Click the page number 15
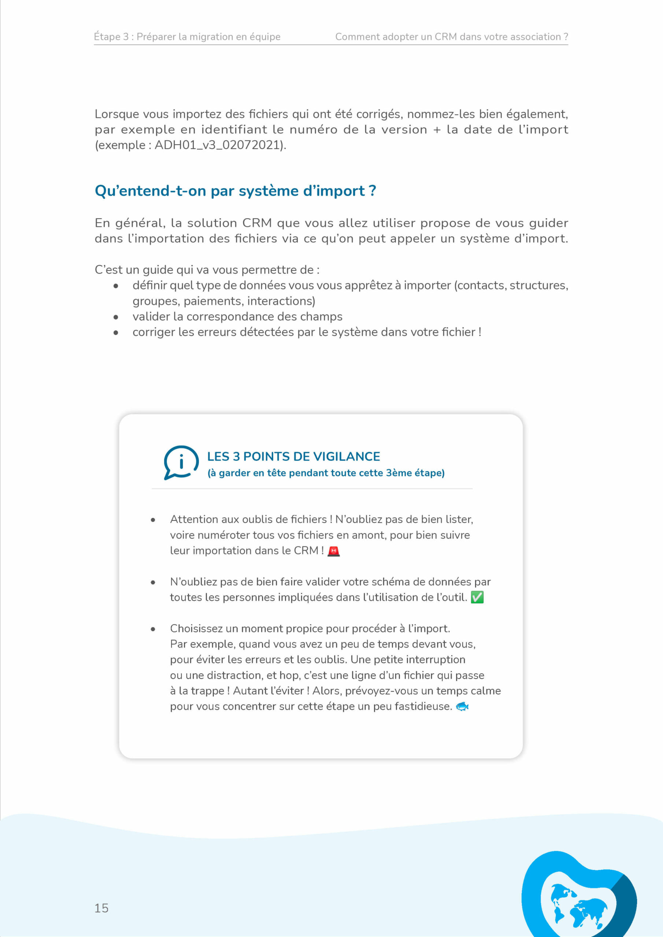click(x=101, y=908)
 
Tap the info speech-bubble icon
click(x=181, y=462)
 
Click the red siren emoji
click(x=333, y=551)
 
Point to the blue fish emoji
click(x=462, y=706)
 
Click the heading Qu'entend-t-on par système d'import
click(x=235, y=191)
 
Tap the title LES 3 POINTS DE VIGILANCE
click(x=293, y=456)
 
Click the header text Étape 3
click(x=111, y=37)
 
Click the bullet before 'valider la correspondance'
click(x=116, y=317)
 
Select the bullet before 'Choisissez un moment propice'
click(x=153, y=629)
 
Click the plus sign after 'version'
click(x=437, y=130)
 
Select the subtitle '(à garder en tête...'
click(x=326, y=473)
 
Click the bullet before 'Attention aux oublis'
click(x=153, y=520)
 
